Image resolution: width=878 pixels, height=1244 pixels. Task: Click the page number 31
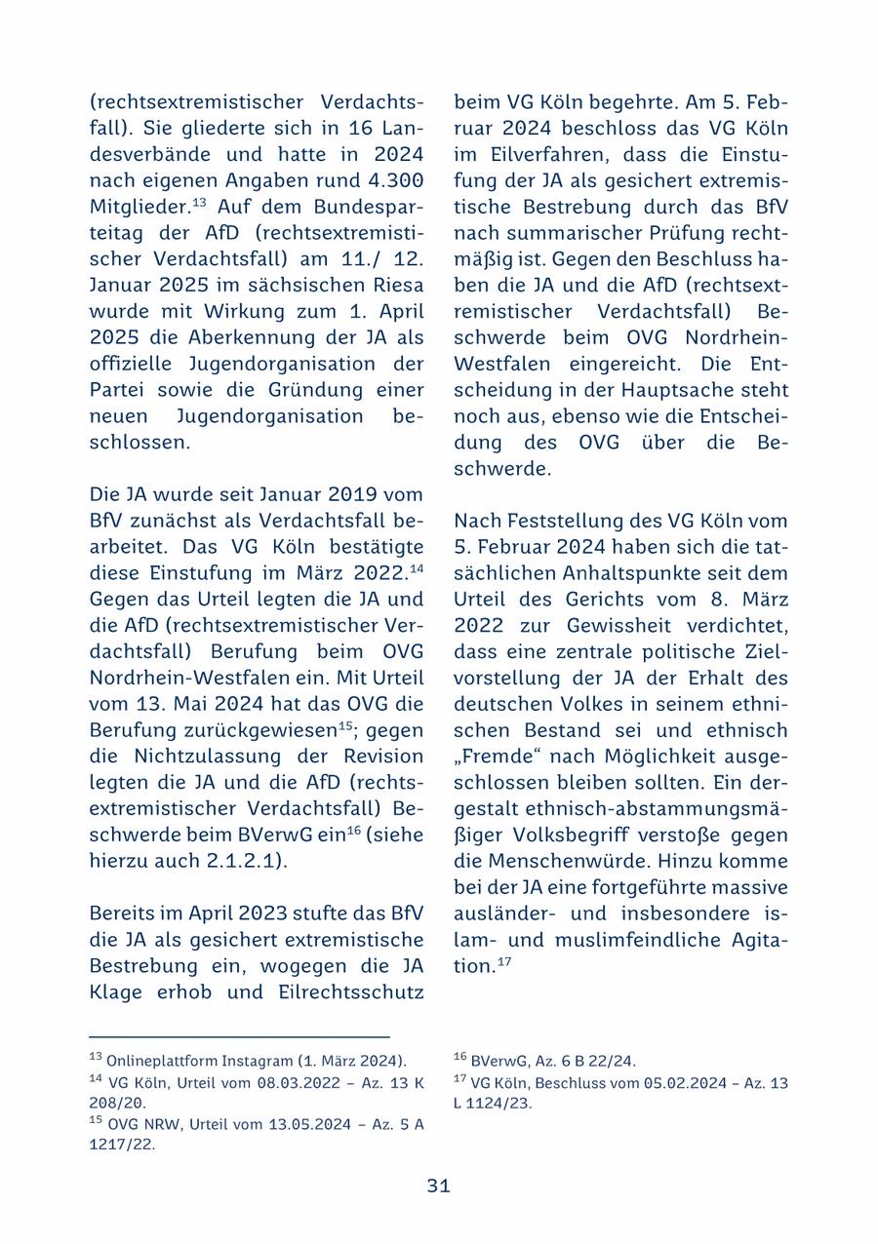438,1186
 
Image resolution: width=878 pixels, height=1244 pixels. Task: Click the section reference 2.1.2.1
239,861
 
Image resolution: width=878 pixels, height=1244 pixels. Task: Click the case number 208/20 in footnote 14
117,1103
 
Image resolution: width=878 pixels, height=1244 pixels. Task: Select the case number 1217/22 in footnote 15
122,1145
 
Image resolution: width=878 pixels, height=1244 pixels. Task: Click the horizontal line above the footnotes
239,1036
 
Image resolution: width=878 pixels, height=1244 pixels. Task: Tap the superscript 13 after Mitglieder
198,203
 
